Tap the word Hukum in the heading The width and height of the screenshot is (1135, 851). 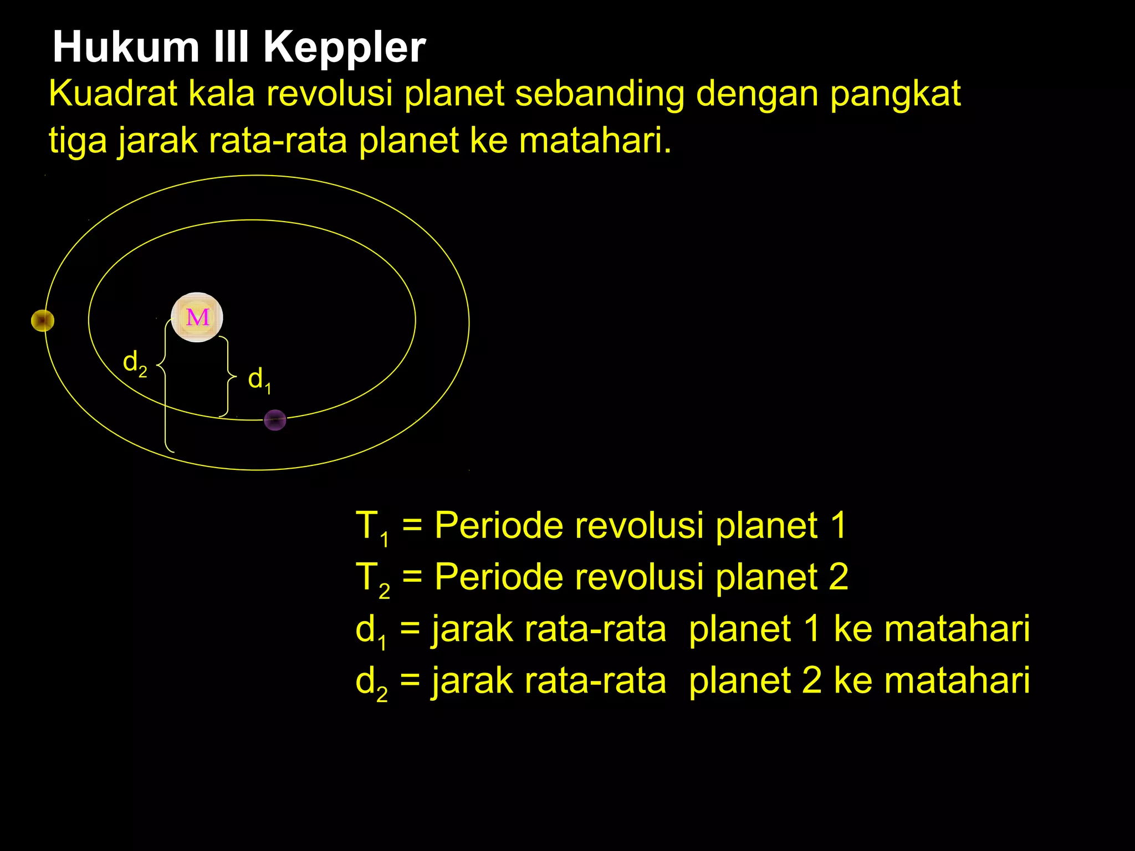[x=126, y=48]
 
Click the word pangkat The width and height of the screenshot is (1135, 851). [x=894, y=94]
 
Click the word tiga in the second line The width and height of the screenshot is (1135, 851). [x=77, y=141]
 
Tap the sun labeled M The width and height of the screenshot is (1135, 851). [x=197, y=317]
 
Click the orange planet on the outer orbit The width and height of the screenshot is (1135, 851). [x=43, y=320]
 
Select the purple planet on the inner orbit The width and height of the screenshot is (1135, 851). [x=275, y=420]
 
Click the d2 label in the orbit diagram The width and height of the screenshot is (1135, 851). [x=135, y=363]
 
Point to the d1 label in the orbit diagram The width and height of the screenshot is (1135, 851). [x=259, y=380]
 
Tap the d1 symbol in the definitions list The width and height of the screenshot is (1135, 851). [x=370, y=631]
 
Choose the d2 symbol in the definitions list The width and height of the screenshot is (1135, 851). [x=371, y=683]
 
